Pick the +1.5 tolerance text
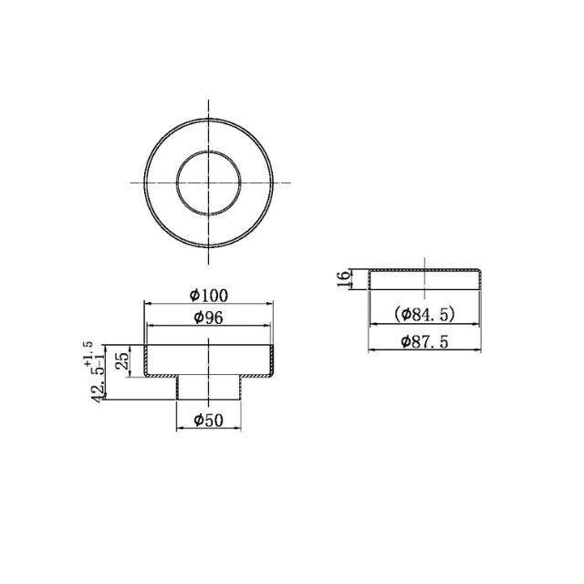(x=89, y=353)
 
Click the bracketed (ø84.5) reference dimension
(x=424, y=315)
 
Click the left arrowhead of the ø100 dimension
(x=148, y=305)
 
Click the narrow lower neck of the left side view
(x=208, y=388)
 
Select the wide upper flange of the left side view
(x=208, y=360)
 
